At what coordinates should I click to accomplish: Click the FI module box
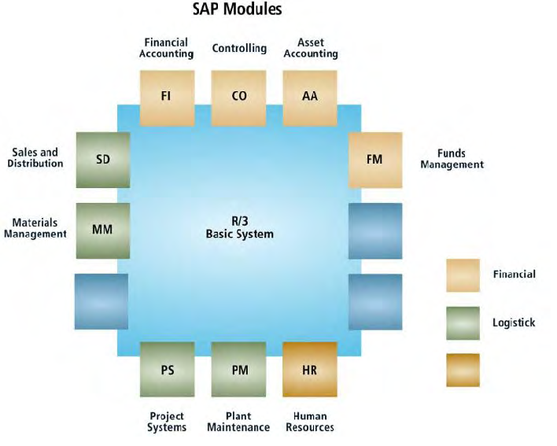point(167,98)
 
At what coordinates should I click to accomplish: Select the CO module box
point(238,98)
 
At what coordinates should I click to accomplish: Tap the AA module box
point(310,98)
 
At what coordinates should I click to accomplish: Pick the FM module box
point(375,160)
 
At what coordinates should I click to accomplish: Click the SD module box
point(103,160)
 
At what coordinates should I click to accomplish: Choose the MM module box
point(103,230)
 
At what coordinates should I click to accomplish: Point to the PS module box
point(168,369)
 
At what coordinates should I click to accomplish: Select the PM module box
point(238,369)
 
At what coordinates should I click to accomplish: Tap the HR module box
point(310,369)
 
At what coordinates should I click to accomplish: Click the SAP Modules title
point(238,9)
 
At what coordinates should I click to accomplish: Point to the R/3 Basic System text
point(240,227)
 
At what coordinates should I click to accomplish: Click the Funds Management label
point(452,159)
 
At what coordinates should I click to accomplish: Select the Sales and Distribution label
point(35,157)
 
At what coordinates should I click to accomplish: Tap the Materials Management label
point(35,228)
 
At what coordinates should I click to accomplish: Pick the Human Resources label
point(310,422)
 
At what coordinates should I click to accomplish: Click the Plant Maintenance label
point(238,422)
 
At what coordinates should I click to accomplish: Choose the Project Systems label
point(167,422)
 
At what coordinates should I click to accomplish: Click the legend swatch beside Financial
point(463,275)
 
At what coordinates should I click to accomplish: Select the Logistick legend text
point(514,323)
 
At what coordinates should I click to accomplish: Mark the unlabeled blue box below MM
point(101,301)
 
